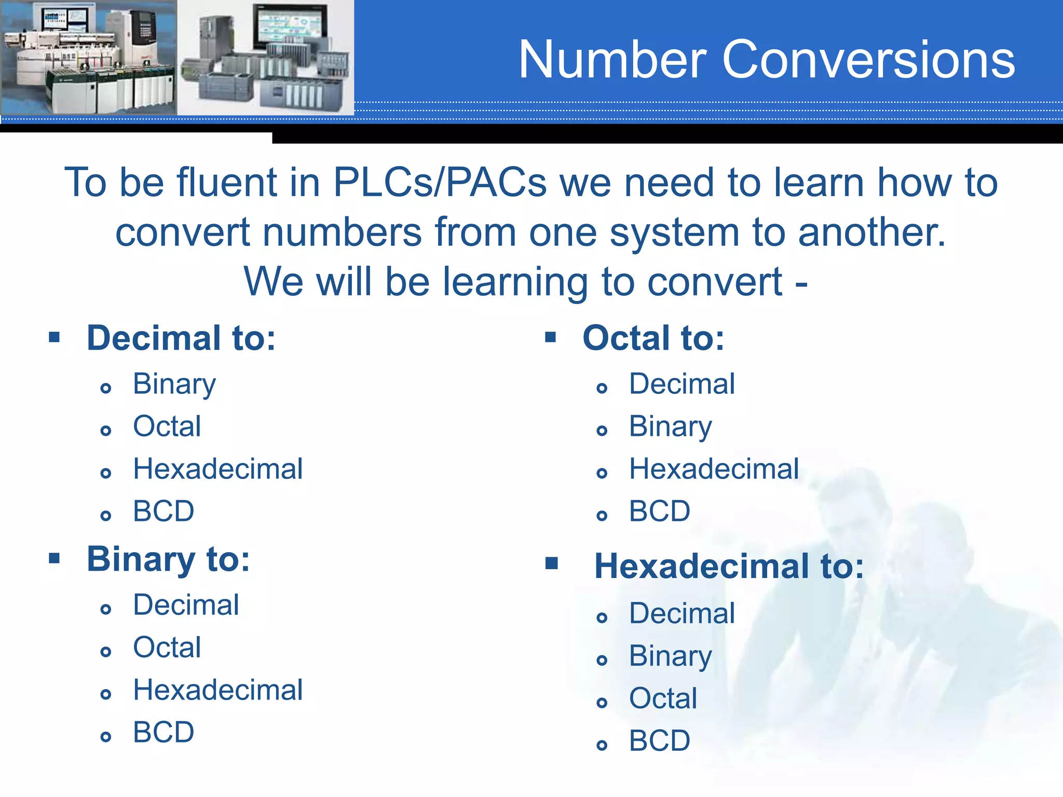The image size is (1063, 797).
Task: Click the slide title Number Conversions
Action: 766,60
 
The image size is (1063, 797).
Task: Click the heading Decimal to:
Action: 181,338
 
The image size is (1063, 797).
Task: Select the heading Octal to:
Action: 653,338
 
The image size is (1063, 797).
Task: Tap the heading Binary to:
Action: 168,559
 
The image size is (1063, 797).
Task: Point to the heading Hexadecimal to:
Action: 729,566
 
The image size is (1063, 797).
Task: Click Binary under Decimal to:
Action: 174,384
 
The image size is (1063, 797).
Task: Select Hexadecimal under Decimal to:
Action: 217,469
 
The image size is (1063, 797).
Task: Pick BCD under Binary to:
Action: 163,732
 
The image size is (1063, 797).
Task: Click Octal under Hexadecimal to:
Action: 663,698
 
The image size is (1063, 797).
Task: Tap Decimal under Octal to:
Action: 682,384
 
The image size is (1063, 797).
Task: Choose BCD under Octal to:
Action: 659,511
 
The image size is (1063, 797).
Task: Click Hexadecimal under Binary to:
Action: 217,690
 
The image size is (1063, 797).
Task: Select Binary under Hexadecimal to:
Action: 670,656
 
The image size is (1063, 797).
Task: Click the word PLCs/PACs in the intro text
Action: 440,183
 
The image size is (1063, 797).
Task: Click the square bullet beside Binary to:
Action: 54,558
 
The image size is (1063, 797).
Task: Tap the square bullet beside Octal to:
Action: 551,338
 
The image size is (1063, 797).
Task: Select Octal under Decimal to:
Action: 167,427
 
